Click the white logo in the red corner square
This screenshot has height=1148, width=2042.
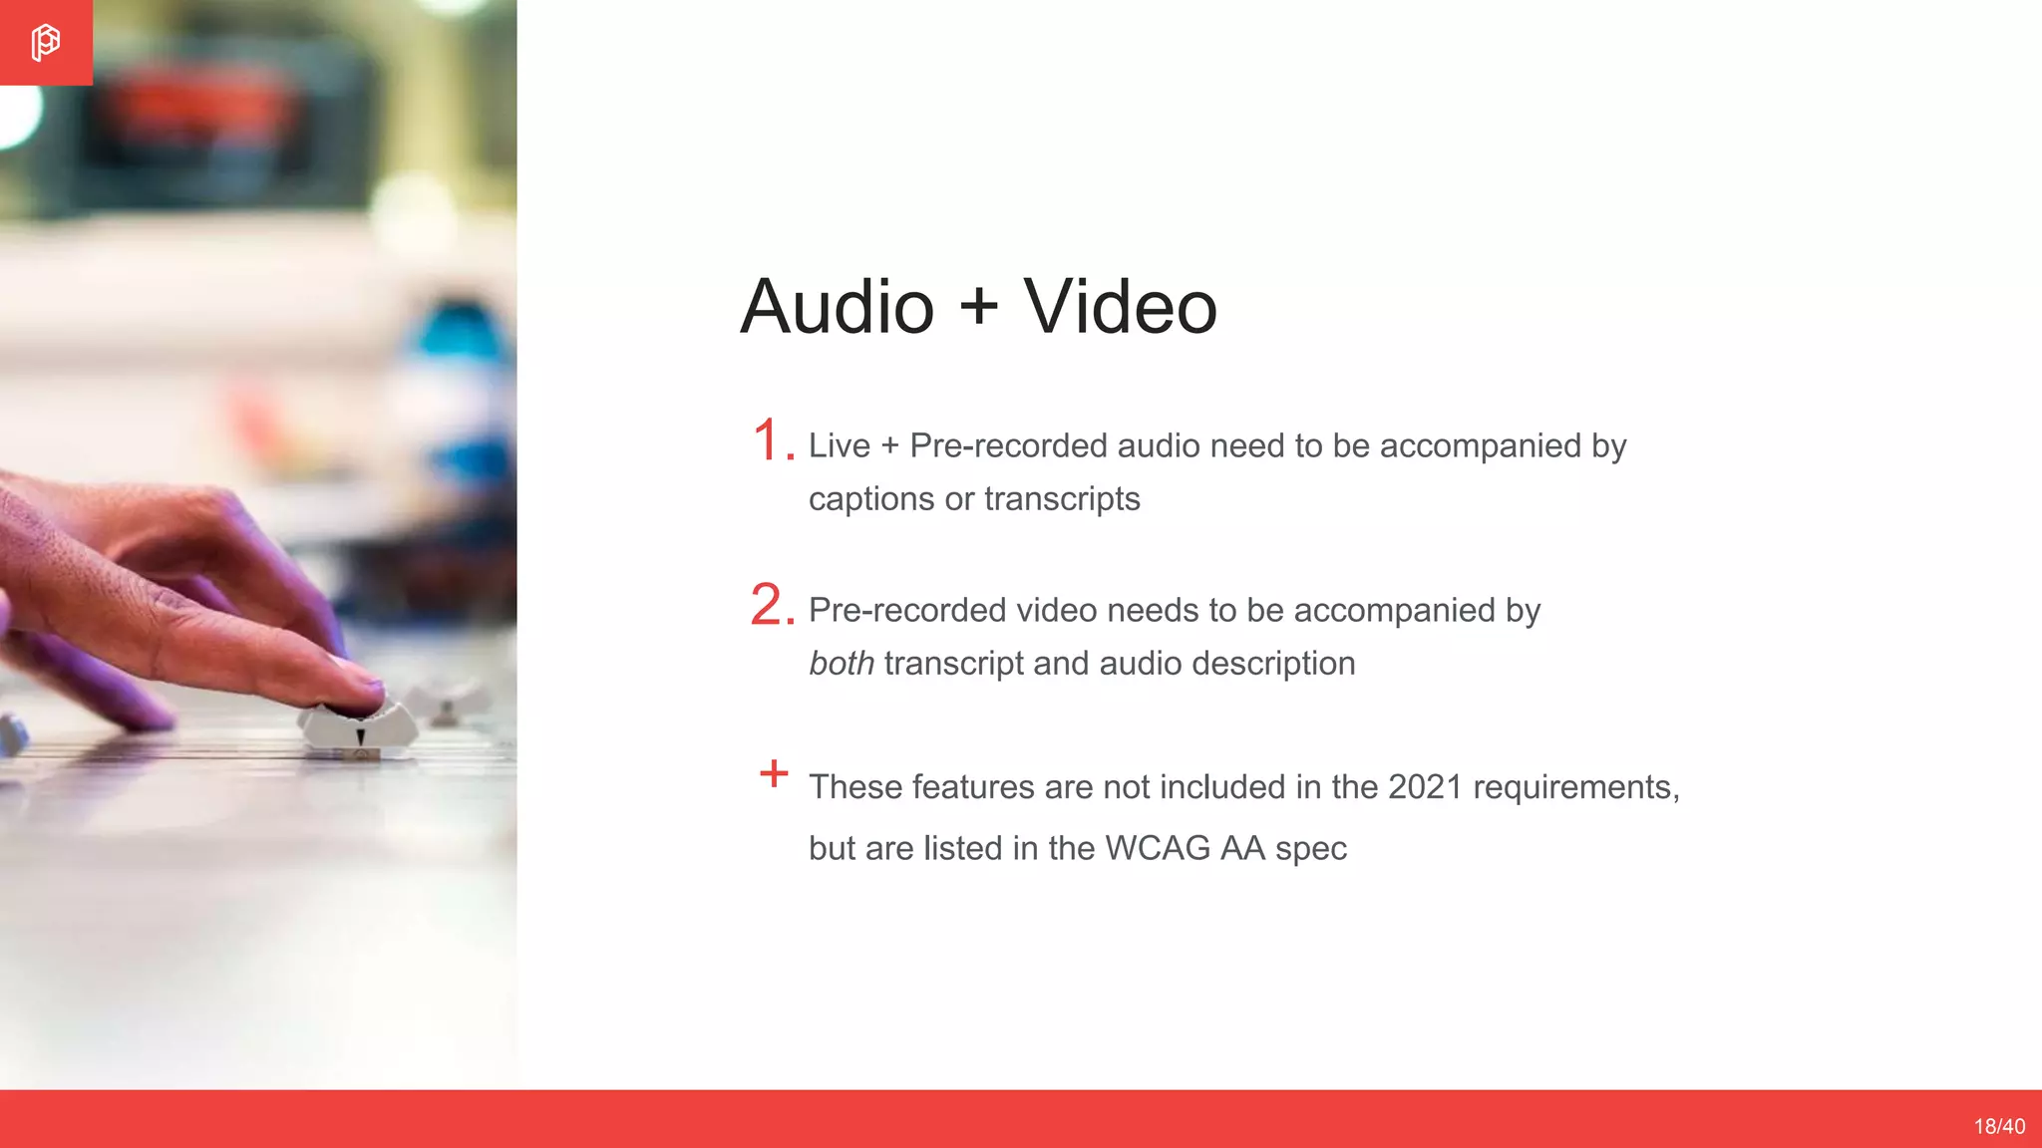coord(45,43)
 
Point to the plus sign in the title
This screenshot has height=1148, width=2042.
coord(979,304)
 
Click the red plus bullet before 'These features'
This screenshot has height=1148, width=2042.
coord(774,773)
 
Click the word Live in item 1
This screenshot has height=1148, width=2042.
coord(840,445)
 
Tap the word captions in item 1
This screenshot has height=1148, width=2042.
coord(871,499)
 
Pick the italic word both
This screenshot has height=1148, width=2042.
coord(842,664)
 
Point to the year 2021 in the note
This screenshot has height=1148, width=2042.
coord(1425,787)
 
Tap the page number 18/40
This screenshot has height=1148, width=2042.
coord(1999,1126)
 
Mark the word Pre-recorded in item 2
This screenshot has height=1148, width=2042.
coord(907,610)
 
